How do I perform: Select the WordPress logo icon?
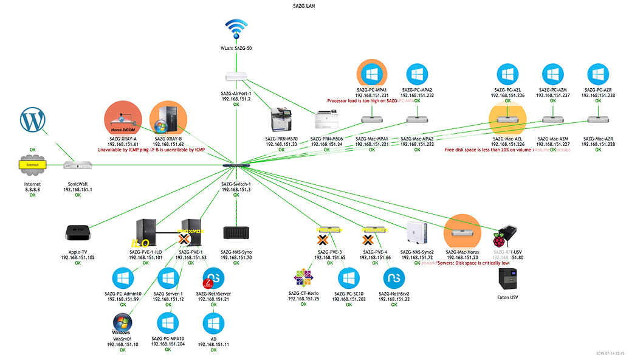coord(33,120)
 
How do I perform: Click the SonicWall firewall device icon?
coord(77,165)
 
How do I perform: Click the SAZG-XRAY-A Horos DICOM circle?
coord(123,119)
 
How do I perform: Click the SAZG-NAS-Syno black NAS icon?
coord(236,234)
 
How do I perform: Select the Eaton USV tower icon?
coord(508,280)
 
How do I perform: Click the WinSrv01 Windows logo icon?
coord(123,324)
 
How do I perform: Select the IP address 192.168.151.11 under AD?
coord(213,344)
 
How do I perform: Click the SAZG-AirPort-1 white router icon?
coord(236,77)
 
